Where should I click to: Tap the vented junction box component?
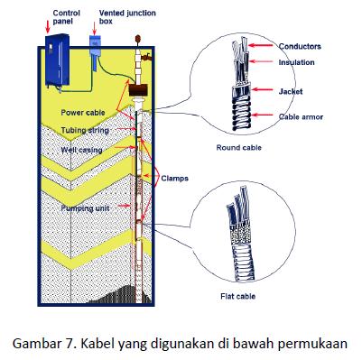pos(95,44)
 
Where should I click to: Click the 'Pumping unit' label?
pos(86,208)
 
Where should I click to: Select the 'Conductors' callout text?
pos(301,46)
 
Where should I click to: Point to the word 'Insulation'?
pos(297,61)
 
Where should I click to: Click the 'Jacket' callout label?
pos(291,90)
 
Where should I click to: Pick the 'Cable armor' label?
pos(302,116)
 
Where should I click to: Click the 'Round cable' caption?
pos(238,146)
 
